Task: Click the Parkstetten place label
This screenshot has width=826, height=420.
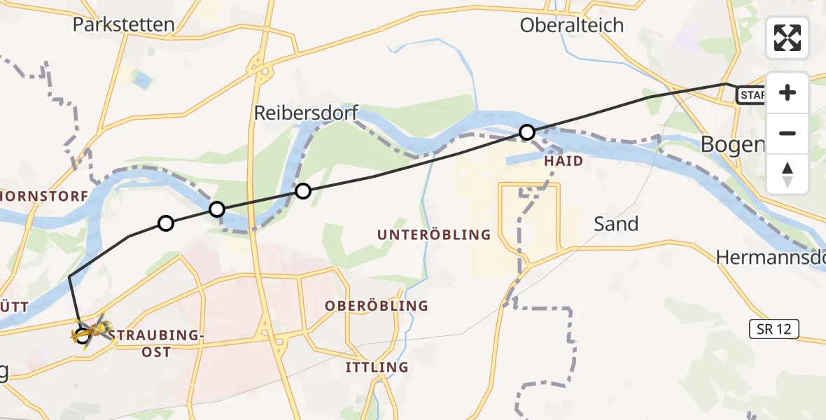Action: [123, 25]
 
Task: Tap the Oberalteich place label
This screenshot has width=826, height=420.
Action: [571, 25]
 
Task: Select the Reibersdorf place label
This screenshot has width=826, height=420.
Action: [306, 112]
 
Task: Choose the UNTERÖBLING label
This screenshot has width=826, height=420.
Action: [434, 234]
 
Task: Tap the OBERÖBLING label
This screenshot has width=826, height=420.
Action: [376, 306]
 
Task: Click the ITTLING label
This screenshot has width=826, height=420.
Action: [377, 367]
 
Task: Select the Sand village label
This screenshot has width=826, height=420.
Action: [616, 224]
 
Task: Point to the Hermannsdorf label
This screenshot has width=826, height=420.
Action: [770, 258]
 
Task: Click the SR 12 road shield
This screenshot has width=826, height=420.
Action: [773, 329]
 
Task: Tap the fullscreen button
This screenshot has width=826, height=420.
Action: [787, 38]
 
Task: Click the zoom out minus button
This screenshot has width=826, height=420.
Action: [787, 133]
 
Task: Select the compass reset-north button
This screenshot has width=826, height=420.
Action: [787, 174]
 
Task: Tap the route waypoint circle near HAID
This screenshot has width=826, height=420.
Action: [527, 132]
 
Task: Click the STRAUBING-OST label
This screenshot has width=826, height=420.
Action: [156, 343]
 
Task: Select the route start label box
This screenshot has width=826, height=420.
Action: [751, 94]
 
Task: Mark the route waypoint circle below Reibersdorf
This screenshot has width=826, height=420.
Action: [302, 190]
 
